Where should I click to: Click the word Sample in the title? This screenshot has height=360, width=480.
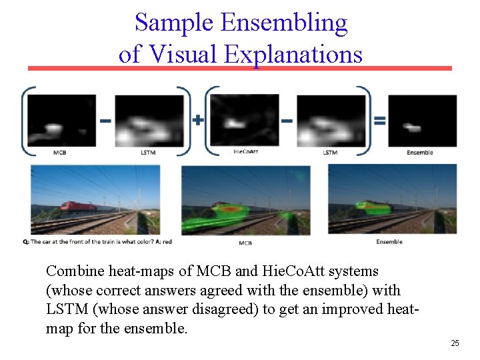(x=175, y=23)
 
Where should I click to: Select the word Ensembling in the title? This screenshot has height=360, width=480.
(x=284, y=23)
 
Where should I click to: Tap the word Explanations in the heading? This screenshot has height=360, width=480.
(x=293, y=53)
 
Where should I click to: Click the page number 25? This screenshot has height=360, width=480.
(x=455, y=343)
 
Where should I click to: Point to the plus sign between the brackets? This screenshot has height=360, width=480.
(x=198, y=121)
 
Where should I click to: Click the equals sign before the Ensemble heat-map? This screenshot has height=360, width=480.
(x=379, y=121)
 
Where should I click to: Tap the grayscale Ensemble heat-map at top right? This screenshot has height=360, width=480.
(x=422, y=121)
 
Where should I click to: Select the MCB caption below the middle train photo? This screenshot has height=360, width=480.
(x=245, y=243)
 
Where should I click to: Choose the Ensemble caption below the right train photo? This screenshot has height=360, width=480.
(x=389, y=241)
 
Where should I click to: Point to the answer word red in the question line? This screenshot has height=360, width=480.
(x=167, y=241)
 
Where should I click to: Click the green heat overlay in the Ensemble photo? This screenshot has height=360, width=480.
(x=374, y=207)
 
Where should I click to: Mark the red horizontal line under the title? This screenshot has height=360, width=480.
(x=239, y=68)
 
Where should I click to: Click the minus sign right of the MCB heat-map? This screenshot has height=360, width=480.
(x=105, y=121)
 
